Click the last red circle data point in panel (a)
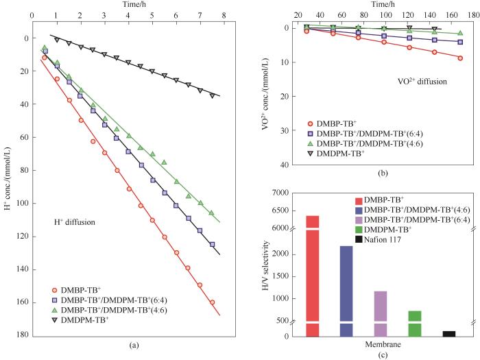pos(212,302)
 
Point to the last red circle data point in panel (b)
pos(460,58)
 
